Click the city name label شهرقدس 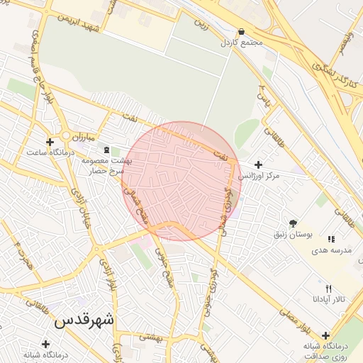(84, 320)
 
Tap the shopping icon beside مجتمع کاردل (242, 32)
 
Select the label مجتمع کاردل (242, 43)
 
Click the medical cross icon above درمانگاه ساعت (50, 142)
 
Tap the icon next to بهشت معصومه (107, 150)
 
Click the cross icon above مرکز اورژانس (258, 164)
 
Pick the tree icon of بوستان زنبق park (293, 223)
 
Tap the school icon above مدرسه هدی (331, 239)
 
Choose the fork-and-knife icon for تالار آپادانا (328, 289)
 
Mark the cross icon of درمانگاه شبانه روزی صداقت (325, 335)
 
